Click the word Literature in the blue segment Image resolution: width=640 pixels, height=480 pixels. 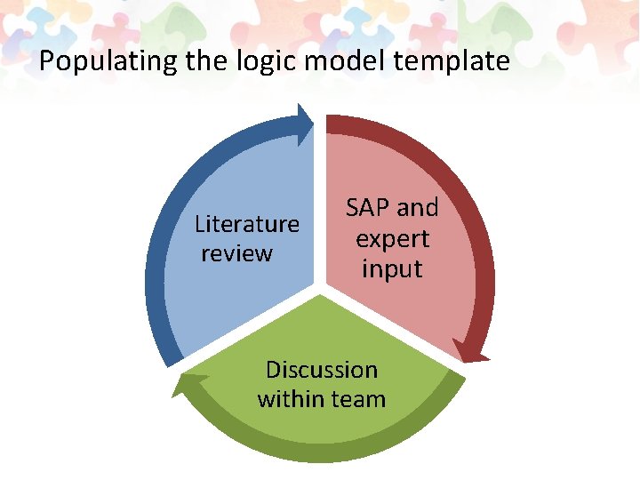click(247, 223)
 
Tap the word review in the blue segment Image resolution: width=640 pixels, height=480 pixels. click(236, 253)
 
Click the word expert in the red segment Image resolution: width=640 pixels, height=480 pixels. click(392, 238)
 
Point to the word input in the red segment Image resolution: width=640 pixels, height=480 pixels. click(392, 268)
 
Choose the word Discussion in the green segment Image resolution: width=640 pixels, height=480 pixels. click(322, 370)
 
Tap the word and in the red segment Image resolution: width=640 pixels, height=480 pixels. click(418, 208)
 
